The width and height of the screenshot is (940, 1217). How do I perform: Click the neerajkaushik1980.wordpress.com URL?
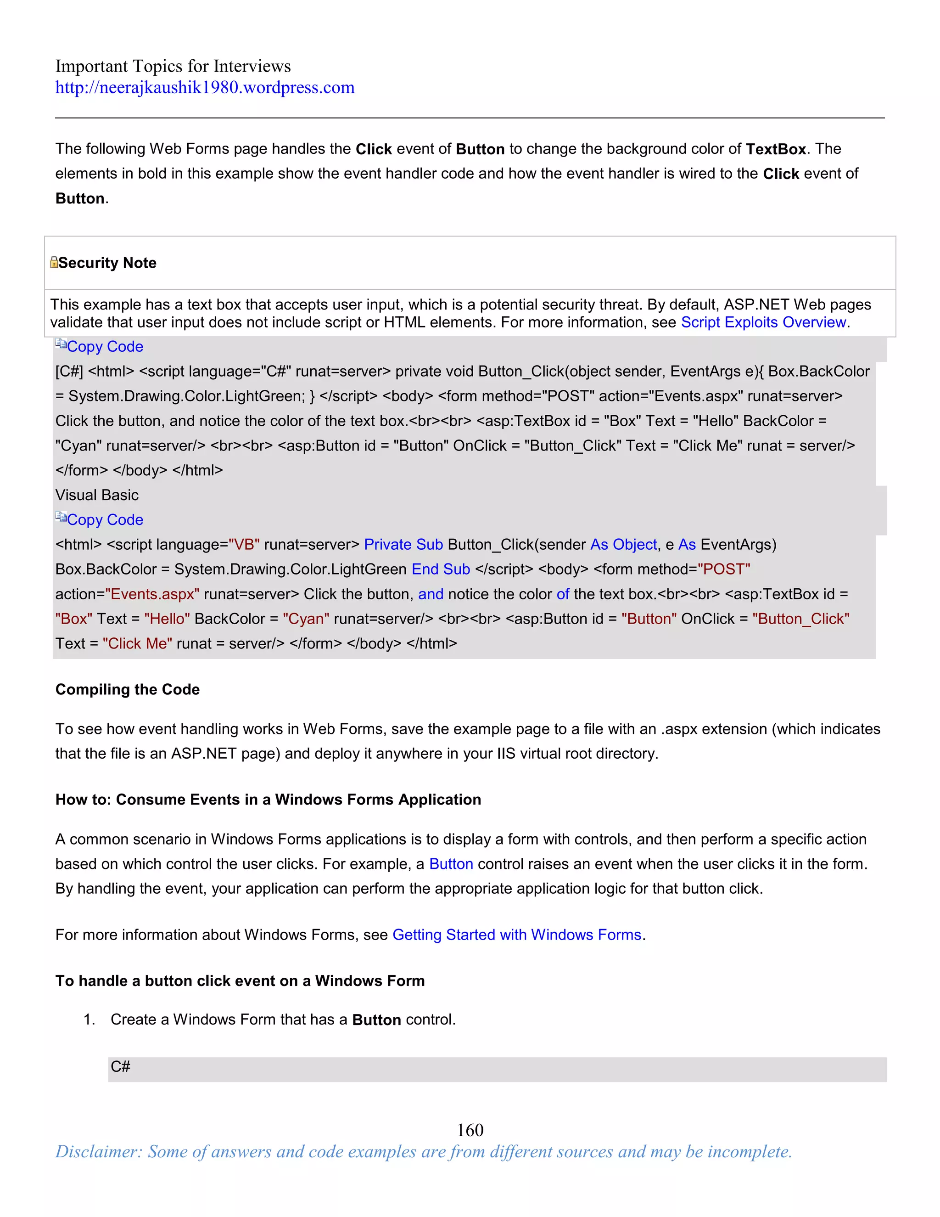pos(204,87)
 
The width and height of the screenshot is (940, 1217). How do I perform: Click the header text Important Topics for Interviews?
pos(173,66)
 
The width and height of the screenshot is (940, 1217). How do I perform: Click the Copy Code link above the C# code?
pos(105,347)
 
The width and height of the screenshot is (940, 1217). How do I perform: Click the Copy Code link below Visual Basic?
pos(105,520)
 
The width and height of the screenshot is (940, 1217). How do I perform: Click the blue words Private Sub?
pos(403,544)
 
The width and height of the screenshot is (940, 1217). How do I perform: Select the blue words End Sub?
pos(441,569)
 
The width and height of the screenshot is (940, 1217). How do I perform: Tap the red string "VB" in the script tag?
pos(244,544)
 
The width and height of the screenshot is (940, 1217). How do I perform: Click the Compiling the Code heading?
pos(128,689)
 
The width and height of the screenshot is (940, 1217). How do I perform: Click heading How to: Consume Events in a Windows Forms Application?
pos(268,799)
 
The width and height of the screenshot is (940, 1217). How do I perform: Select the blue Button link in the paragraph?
pos(451,864)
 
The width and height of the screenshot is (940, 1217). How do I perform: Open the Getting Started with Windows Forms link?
pos(517,935)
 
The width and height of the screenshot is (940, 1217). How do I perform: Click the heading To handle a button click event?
pos(240,981)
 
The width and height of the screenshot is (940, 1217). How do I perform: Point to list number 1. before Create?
pos(89,1020)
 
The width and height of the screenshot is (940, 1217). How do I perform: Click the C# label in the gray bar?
pos(120,1066)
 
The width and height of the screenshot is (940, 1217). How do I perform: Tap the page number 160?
pos(470,1130)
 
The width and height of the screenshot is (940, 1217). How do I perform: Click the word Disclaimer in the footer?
pos(98,1151)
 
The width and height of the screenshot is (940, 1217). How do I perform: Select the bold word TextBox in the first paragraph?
pos(776,149)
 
